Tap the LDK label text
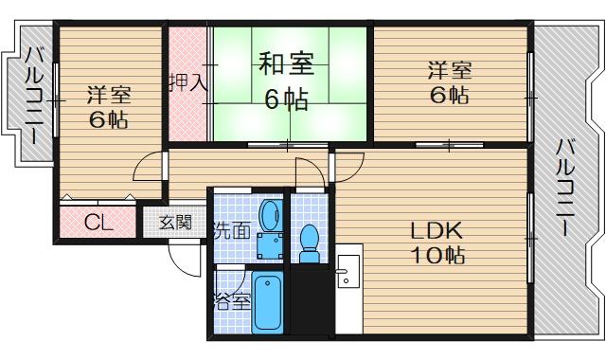pos(436,230)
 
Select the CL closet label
pos(98,225)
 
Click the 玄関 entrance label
pos(174,224)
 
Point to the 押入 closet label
pos(187,82)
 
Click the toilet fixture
pos(309,243)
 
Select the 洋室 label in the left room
pos(110,96)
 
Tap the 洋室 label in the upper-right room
pos(448,69)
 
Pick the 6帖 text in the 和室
pos(285,99)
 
